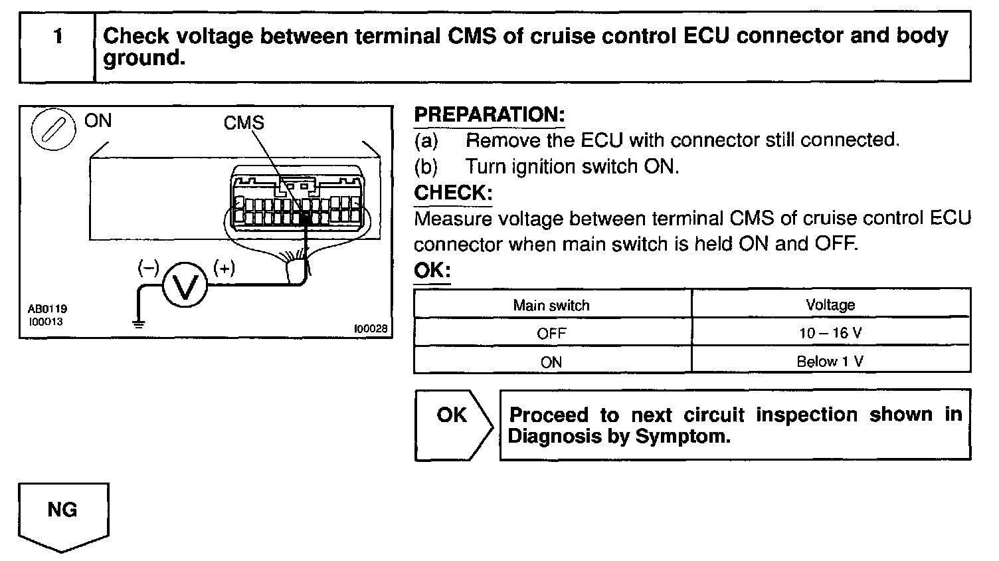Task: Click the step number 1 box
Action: (x=58, y=47)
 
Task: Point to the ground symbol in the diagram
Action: (x=137, y=324)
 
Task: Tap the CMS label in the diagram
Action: (x=244, y=122)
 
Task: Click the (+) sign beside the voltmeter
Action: (x=224, y=268)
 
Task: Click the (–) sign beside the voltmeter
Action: (x=147, y=268)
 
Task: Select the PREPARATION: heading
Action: (x=489, y=114)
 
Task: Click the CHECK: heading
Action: (x=453, y=193)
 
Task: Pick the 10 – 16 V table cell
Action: (x=830, y=332)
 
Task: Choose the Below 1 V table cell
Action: (x=830, y=362)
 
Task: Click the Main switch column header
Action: (x=551, y=305)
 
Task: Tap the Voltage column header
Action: (x=830, y=304)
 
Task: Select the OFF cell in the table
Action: (x=551, y=333)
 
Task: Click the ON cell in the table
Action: (x=551, y=362)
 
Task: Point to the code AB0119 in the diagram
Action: (x=47, y=309)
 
